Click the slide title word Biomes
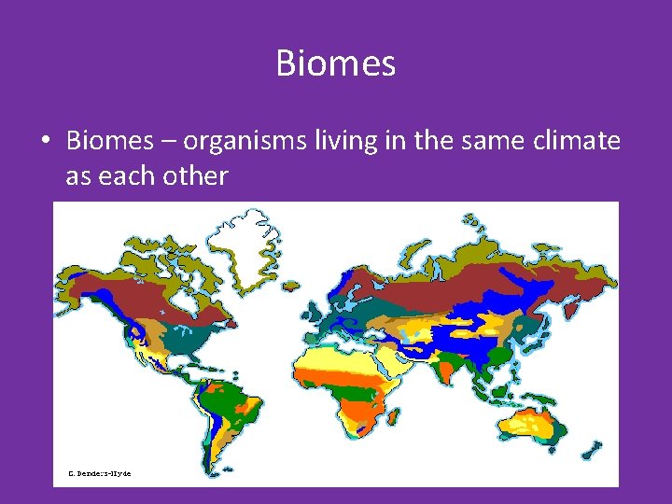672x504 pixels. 336,63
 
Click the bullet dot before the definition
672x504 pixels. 45,142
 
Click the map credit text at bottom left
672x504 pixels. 99,473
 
